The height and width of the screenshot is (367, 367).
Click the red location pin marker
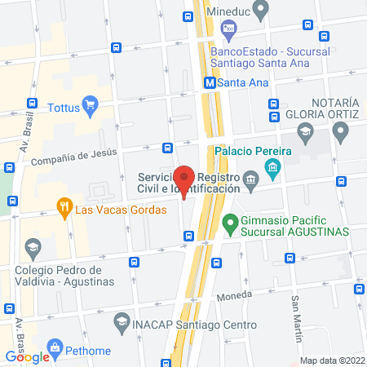(185, 179)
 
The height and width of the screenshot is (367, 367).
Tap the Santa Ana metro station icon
(210, 82)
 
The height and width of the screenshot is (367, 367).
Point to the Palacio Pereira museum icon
(272, 170)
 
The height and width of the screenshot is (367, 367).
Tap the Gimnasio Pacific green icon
(231, 221)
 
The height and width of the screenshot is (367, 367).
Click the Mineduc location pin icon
(261, 11)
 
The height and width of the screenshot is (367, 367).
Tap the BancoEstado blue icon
(229, 31)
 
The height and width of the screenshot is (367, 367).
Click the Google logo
(28, 356)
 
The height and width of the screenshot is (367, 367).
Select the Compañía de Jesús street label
(74, 155)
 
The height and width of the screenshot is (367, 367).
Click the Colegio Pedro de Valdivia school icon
(33, 246)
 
